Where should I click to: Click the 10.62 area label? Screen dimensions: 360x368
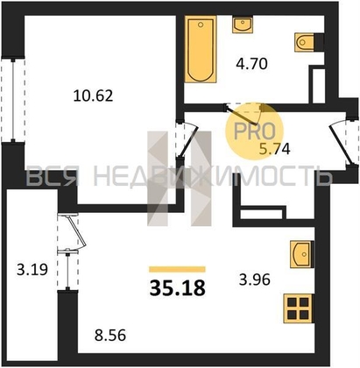(x=93, y=96)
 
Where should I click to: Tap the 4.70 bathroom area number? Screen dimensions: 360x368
(x=251, y=64)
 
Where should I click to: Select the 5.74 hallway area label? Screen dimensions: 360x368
(x=275, y=149)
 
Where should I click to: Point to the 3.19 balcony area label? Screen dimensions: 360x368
(x=32, y=270)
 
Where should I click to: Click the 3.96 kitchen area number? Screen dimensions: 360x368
(x=255, y=280)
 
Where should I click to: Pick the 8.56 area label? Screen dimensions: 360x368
(x=110, y=336)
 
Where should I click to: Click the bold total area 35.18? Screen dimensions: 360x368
(x=178, y=287)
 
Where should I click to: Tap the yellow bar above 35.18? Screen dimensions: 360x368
(x=177, y=269)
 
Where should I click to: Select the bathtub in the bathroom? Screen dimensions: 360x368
(x=201, y=49)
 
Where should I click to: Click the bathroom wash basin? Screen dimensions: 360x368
(x=243, y=25)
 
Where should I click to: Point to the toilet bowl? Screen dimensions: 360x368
(x=305, y=42)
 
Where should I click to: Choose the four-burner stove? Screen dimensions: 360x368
(x=299, y=308)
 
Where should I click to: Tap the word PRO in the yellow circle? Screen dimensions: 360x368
(x=255, y=131)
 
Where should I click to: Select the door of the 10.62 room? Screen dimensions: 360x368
(x=187, y=140)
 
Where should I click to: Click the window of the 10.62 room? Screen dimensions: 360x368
(x=13, y=100)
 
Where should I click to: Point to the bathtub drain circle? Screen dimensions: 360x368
(x=201, y=25)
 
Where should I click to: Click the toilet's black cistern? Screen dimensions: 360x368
(x=319, y=42)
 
